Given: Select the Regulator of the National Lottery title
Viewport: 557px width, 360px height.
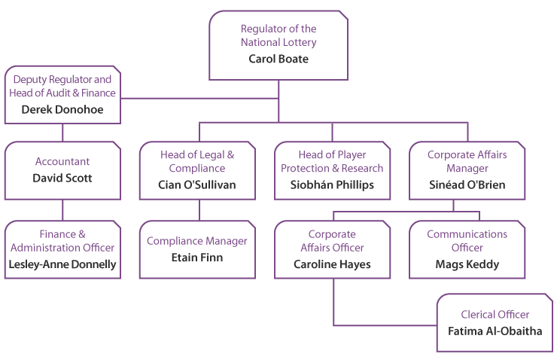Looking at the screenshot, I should point(278,35).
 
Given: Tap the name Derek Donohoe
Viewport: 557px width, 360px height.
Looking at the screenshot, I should point(62,109).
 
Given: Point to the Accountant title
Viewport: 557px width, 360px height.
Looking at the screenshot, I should point(62,161).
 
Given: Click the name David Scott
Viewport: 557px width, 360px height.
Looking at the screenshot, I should point(62,178).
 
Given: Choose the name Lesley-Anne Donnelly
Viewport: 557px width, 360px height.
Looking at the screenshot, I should point(62,264).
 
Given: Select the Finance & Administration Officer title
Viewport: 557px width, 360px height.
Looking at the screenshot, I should point(62,241).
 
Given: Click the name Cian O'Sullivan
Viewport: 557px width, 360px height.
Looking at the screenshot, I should point(198,184).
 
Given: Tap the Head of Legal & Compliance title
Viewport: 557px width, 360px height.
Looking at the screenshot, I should point(198,161).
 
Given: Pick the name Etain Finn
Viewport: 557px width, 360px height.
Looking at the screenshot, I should point(198,257).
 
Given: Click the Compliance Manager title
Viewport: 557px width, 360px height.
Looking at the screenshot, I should point(198,241).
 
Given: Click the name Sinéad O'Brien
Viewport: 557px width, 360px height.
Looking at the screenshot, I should point(467,184).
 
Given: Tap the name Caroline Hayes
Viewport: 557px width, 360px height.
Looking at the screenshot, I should point(332,264).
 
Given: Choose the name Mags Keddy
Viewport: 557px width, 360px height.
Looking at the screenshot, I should point(467,264).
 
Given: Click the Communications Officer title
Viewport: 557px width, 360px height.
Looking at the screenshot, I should point(467,241).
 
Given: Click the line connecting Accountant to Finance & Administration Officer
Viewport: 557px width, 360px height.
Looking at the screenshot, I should point(62,210).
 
